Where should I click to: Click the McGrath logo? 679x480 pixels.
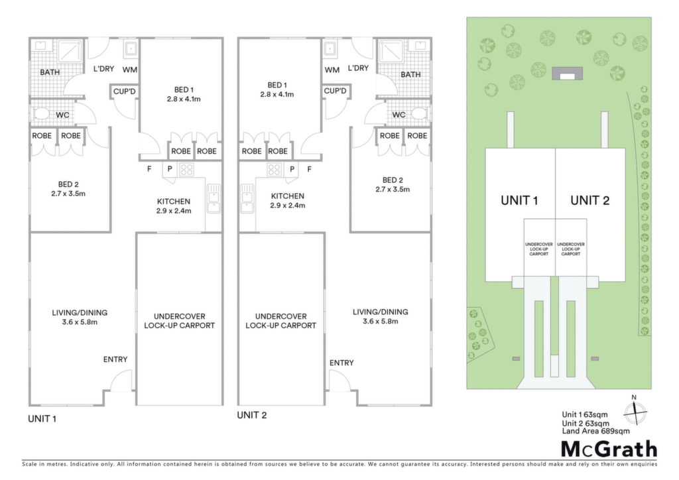click(x=609, y=450)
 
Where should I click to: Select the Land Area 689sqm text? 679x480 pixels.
click(x=596, y=431)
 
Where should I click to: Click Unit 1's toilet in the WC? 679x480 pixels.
click(x=42, y=114)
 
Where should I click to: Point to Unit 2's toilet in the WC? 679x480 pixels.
click(x=419, y=114)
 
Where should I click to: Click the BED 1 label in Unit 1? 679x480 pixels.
click(x=184, y=90)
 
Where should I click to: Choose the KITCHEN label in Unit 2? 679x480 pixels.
click(x=288, y=196)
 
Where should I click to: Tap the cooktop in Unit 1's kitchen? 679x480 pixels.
click(x=186, y=169)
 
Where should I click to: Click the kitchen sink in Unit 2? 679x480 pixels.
click(x=247, y=199)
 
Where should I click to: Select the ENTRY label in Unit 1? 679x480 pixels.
click(x=115, y=359)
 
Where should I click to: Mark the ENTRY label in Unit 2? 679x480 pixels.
click(x=341, y=363)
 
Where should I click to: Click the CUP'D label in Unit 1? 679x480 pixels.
click(x=124, y=91)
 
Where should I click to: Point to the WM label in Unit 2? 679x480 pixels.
click(x=332, y=70)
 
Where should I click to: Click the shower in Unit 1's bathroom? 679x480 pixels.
click(x=70, y=52)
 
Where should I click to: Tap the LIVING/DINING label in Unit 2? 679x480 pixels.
click(x=380, y=312)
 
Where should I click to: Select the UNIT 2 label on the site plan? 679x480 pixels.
click(x=589, y=200)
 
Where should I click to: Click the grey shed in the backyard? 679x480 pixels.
click(x=568, y=73)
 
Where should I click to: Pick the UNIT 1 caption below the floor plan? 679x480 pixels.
click(x=42, y=419)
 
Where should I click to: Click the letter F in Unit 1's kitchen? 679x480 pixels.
click(x=149, y=169)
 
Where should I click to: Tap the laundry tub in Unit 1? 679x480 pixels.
click(x=131, y=49)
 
